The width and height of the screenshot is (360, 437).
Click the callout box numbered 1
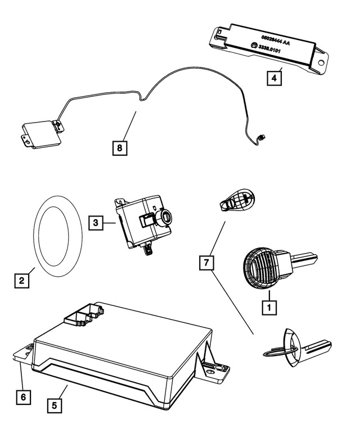click(x=269, y=307)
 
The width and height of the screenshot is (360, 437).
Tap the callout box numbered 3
click(x=96, y=223)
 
